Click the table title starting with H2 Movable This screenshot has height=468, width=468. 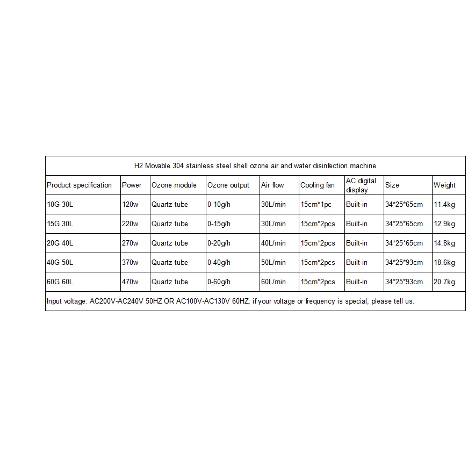tap(255, 166)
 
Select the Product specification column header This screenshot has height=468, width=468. tap(79, 185)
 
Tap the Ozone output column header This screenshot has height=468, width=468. tap(228, 185)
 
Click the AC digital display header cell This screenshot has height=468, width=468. tap(361, 185)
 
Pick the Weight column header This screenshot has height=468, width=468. tap(444, 185)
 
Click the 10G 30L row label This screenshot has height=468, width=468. tap(60, 205)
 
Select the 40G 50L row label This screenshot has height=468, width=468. tap(60, 263)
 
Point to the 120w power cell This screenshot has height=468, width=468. tap(130, 205)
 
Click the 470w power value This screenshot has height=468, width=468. tap(130, 282)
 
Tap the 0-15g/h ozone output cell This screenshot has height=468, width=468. tap(219, 224)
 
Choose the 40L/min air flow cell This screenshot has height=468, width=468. tap(273, 243)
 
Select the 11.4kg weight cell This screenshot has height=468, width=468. tap(444, 205)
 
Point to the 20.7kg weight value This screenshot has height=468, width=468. tap(444, 282)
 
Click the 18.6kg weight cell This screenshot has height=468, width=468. tap(444, 263)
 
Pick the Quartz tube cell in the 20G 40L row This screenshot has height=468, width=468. tap(170, 243)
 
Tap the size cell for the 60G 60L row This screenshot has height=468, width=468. tap(404, 282)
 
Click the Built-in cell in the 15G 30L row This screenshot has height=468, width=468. tap(357, 224)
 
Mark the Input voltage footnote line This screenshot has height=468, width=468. tap(231, 301)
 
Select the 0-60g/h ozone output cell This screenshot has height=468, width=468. tap(219, 282)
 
